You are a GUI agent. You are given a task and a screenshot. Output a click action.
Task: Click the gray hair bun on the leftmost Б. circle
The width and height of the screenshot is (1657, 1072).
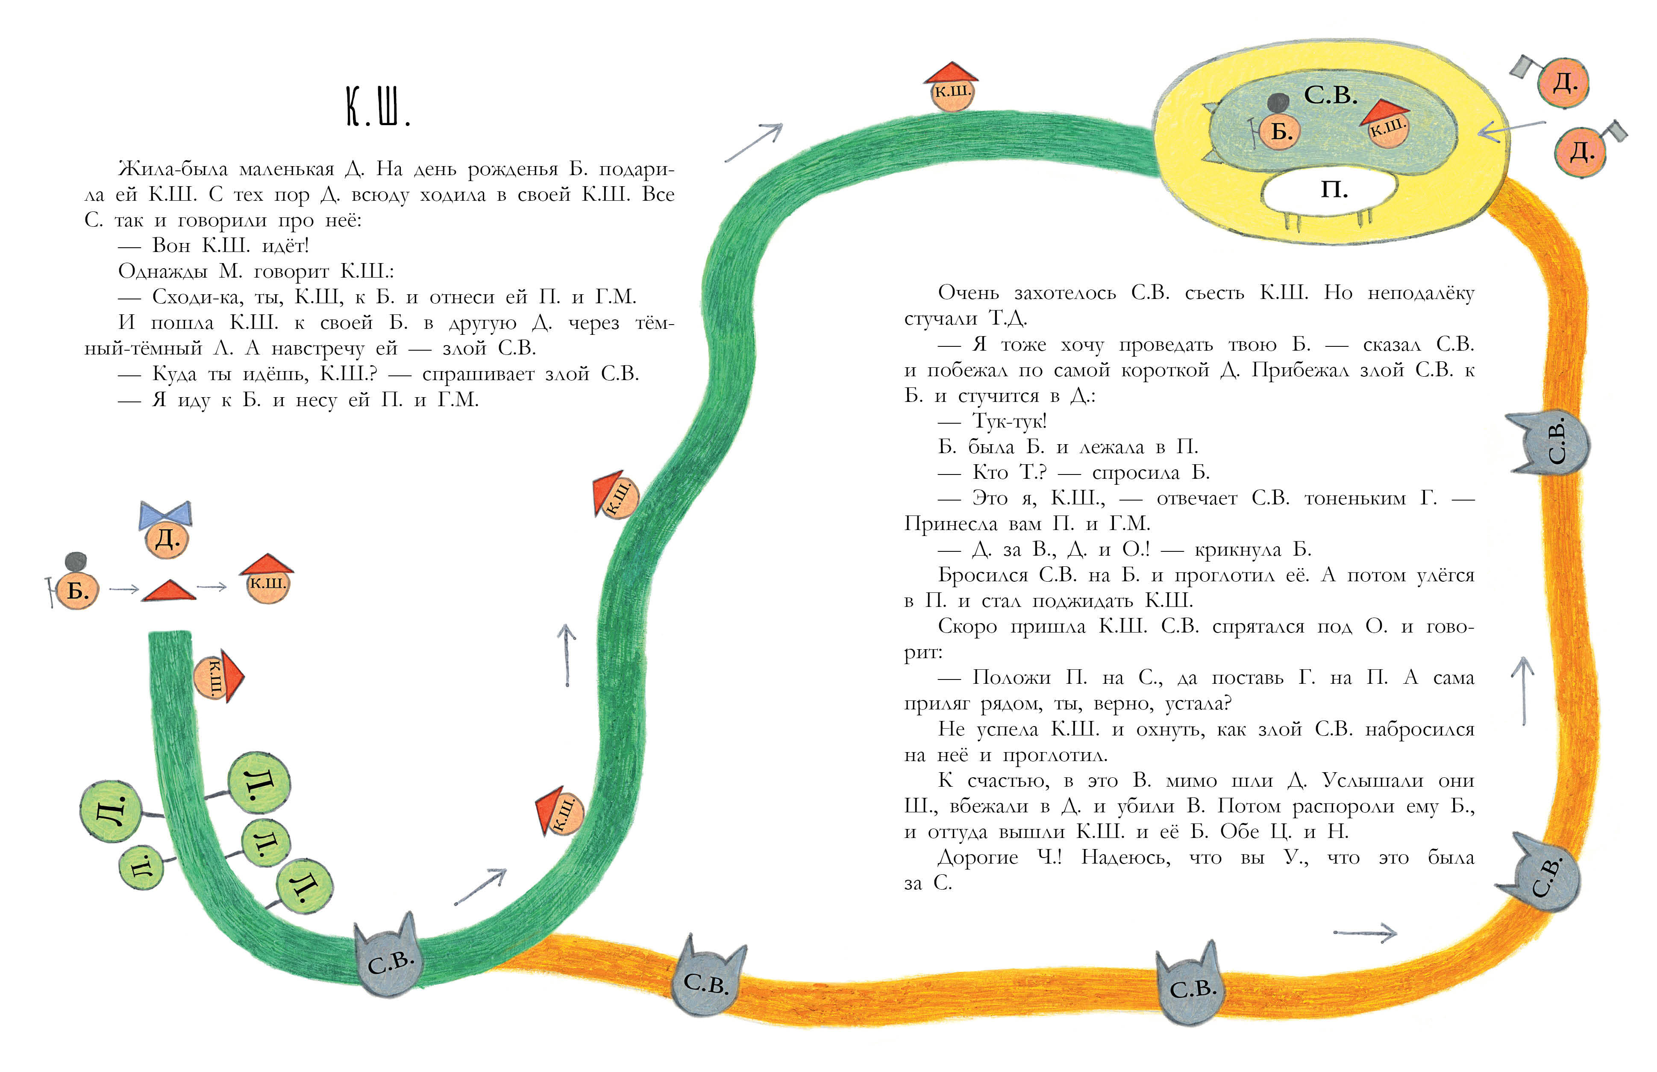75,561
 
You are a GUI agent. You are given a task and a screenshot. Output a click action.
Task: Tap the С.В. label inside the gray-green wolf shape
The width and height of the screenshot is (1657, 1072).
1331,95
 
